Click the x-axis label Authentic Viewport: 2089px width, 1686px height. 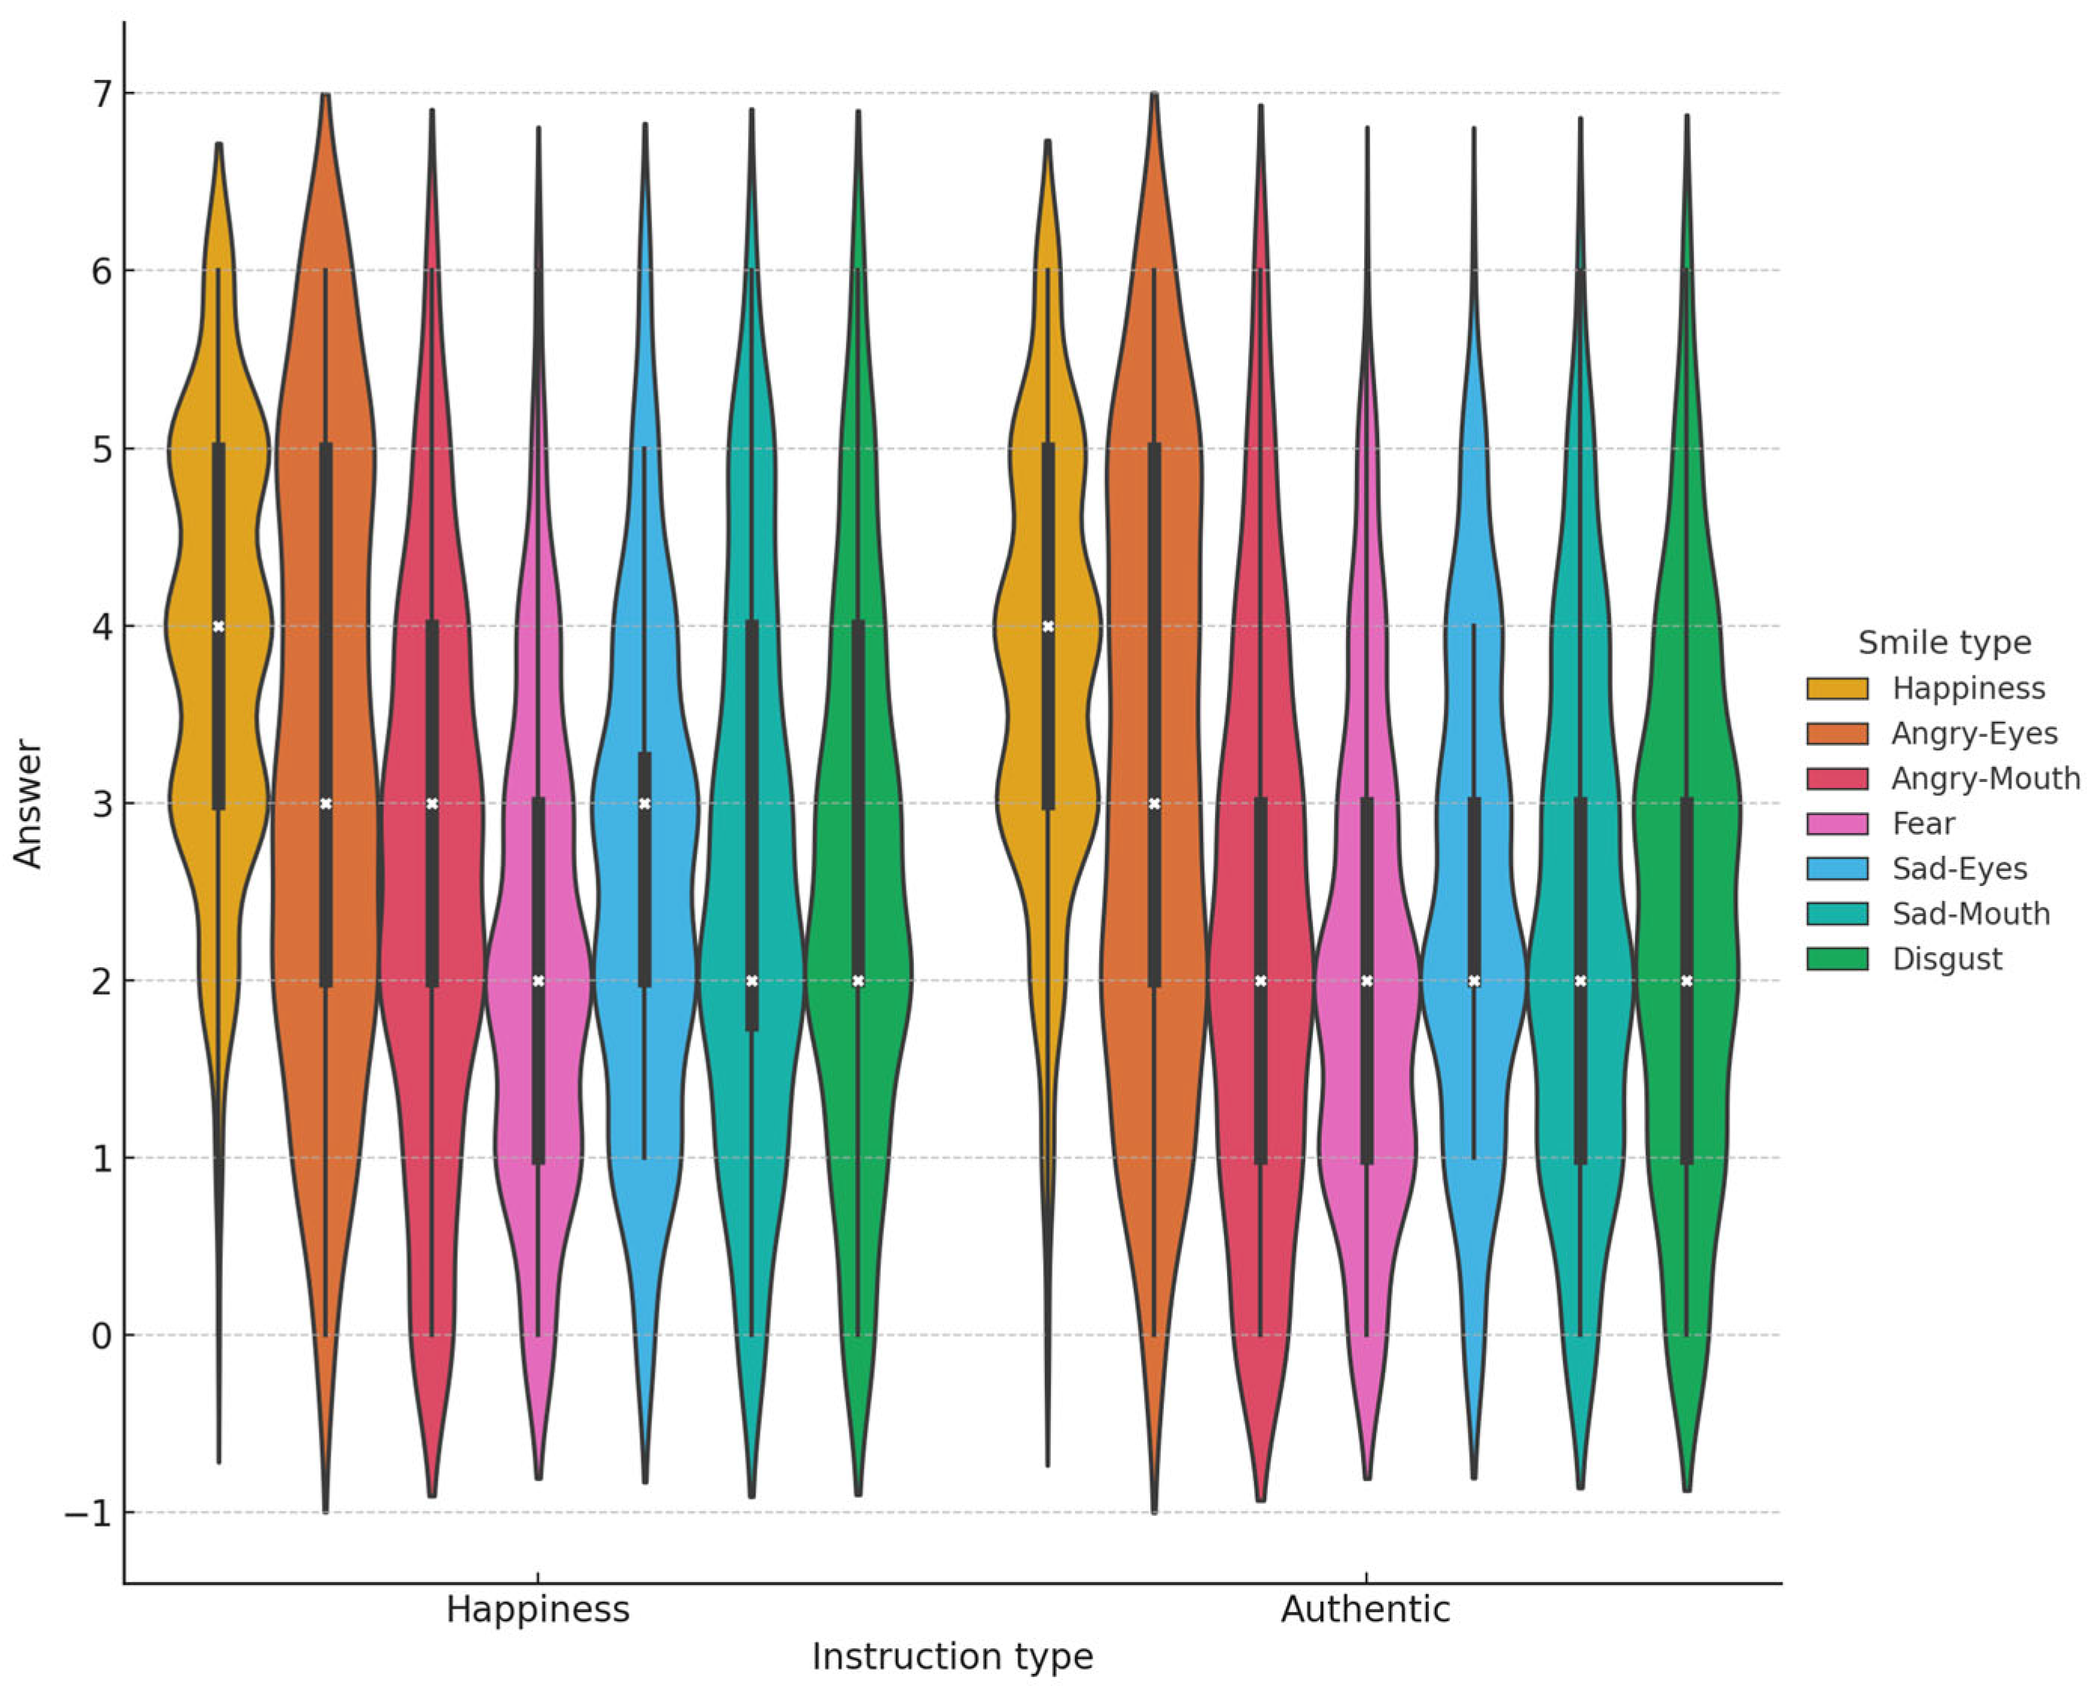[1365, 1609]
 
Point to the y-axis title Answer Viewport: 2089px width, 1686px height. [28, 803]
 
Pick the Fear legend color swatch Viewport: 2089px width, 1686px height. [1837, 823]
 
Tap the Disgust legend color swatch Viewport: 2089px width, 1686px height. [1837, 959]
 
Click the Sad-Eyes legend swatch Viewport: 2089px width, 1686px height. [1837, 869]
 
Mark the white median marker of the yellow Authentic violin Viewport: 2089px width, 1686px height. [1048, 626]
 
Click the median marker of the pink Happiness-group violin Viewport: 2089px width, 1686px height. [538, 981]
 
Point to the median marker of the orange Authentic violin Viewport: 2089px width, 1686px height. [1155, 803]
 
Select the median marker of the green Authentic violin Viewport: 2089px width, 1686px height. [1687, 981]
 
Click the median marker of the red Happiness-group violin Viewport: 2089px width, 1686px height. [432, 803]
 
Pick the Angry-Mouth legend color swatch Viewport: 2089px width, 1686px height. [1837, 778]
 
